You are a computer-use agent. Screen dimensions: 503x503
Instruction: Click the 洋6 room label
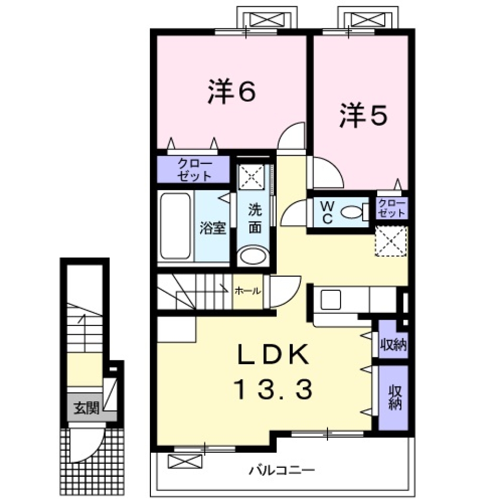pos(231,92)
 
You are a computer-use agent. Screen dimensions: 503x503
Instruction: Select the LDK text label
pos(272,356)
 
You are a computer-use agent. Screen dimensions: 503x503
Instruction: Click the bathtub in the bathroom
pos(175,226)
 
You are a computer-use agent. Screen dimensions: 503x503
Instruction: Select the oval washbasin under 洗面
pos(253,257)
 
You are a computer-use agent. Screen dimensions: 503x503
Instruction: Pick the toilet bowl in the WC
pos(352,213)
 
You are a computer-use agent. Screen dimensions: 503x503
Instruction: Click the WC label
pos(327,213)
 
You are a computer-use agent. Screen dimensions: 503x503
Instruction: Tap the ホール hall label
pos(248,291)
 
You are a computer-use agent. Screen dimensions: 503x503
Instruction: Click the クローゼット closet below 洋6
pos(194,169)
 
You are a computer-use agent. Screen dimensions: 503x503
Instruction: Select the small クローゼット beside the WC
pos(391,209)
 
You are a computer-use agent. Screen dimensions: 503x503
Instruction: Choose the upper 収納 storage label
pos(393,345)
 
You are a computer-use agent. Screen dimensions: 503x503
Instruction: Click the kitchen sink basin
pos(331,301)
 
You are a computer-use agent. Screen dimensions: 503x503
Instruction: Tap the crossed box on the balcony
pos(185,461)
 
